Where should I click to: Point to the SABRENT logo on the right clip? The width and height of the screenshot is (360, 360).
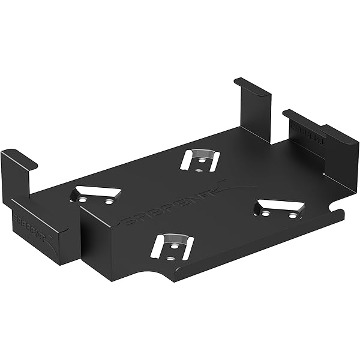pos(308,133)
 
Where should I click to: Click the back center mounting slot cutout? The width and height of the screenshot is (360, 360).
pos(200,158)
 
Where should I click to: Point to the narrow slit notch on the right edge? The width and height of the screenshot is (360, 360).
pos(330,211)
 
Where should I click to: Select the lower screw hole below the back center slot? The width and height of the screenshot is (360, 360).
pos(199,170)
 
